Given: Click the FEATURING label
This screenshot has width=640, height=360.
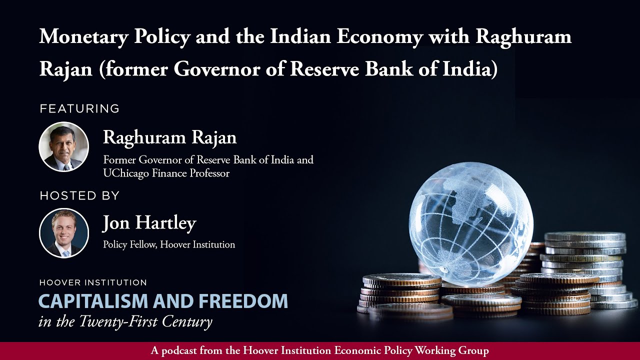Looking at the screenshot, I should tap(79, 108).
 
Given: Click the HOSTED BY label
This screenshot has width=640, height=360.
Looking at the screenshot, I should tap(79, 195).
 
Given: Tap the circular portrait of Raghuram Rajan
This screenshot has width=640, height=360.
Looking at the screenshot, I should tap(64, 147).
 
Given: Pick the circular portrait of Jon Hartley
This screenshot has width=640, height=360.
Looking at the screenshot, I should tap(64, 233).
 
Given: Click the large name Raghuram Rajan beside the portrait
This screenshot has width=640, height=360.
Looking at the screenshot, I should tap(169, 137).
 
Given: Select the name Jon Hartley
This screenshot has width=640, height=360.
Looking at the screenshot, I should tap(149, 223).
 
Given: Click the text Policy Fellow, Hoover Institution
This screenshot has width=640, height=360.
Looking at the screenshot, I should tap(169, 244).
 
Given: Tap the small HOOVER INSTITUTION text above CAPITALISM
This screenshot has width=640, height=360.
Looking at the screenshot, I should tap(93, 283).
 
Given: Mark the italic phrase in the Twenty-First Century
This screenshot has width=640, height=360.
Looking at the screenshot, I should tap(125, 321).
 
